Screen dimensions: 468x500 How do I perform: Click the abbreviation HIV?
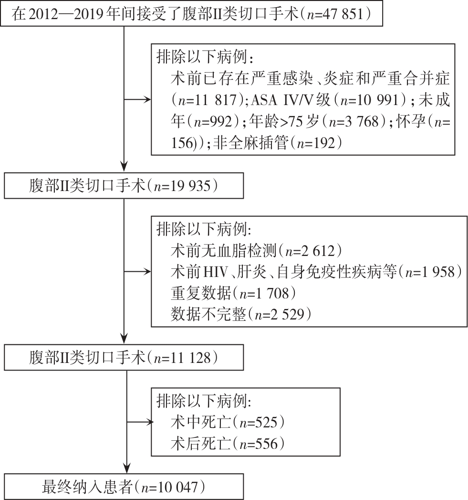tap(215, 272)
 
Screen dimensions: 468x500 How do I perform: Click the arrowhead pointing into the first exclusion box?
tap(147, 100)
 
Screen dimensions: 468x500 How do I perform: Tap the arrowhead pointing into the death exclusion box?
tap(150, 423)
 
